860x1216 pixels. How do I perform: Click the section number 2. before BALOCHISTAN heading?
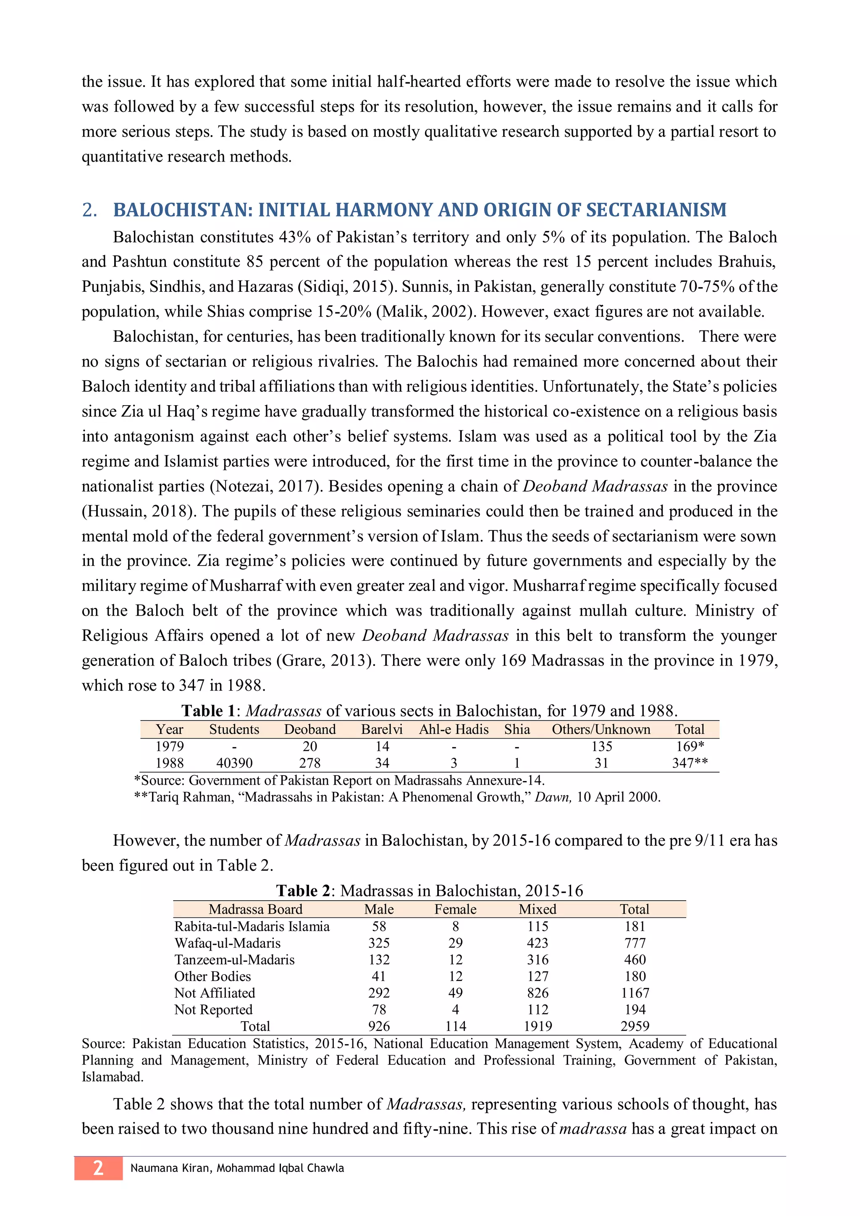(89, 210)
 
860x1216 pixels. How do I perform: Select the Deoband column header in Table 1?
(310, 729)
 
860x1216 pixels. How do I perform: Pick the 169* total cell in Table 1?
(690, 746)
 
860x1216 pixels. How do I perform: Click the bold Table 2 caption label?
(305, 891)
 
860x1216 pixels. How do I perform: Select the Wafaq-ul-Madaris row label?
(227, 943)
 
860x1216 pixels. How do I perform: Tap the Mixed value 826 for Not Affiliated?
(537, 993)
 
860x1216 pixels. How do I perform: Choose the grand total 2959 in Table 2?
(635, 1026)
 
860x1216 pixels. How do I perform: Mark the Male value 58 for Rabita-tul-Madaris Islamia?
(379, 926)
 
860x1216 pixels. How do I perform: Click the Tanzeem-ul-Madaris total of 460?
(635, 960)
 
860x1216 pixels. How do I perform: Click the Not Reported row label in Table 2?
(213, 1009)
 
